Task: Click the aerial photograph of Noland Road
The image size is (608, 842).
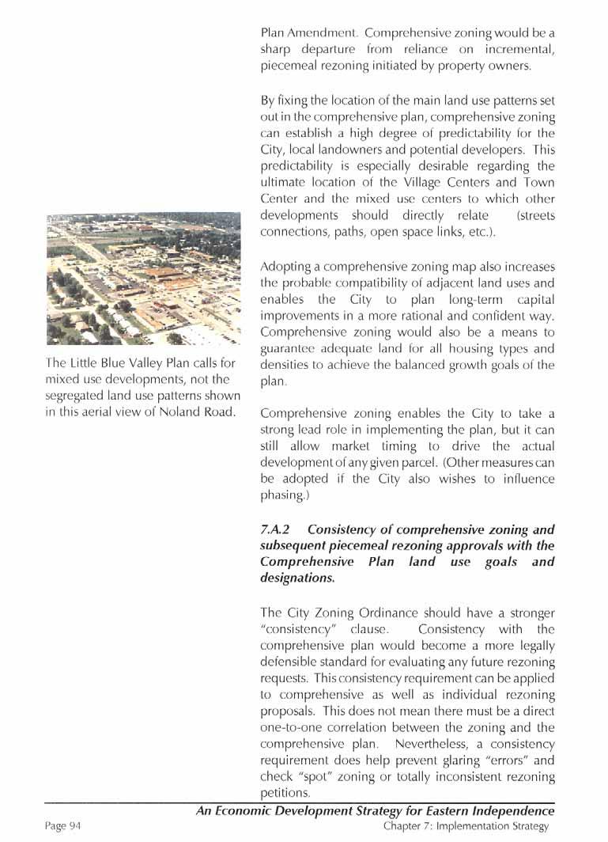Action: pos(143,279)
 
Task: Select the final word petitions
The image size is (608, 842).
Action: pos(284,793)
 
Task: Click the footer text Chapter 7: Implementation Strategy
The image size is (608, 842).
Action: pos(466,826)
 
